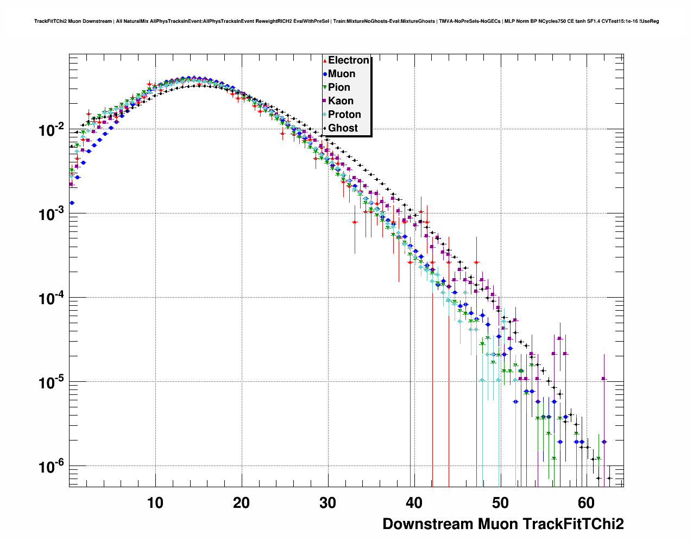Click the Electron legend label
[x=349, y=60]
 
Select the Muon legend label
[x=342, y=74]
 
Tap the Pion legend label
[x=339, y=87]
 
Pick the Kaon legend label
[x=341, y=101]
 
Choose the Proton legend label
[x=344, y=115]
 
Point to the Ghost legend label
[x=343, y=128]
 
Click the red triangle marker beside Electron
[x=325, y=60]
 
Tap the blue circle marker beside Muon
[x=325, y=74]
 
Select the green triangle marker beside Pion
[x=325, y=87]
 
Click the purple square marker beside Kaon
[x=325, y=101]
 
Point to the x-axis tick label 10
[x=155, y=503]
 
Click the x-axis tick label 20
[x=242, y=503]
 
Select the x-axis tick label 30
[x=327, y=503]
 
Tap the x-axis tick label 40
[x=414, y=503]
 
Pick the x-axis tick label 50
[x=500, y=503]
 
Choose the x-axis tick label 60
[x=586, y=503]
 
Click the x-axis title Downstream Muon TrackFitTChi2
[x=503, y=524]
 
